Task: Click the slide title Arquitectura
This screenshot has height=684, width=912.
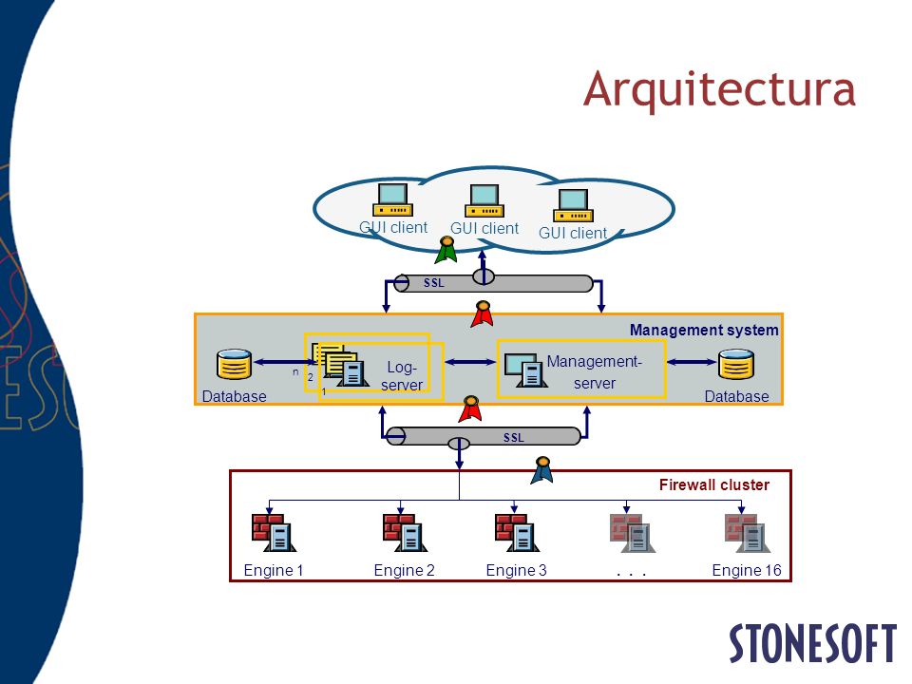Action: click(x=719, y=89)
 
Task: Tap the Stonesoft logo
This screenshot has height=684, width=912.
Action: click(x=812, y=643)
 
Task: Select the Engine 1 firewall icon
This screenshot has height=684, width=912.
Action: click(x=274, y=532)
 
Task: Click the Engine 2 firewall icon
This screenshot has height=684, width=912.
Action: click(x=405, y=532)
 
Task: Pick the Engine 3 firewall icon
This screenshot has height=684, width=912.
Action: click(x=517, y=532)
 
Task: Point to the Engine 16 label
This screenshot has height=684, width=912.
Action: click(x=747, y=570)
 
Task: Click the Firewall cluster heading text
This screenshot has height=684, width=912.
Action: click(x=714, y=484)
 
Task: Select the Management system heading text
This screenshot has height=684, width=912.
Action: click(x=704, y=330)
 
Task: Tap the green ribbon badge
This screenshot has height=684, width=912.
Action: click(x=446, y=249)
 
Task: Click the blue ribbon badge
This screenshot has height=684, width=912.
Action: click(x=542, y=470)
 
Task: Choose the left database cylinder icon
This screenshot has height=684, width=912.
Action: click(x=235, y=364)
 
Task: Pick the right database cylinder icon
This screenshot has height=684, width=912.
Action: click(x=735, y=364)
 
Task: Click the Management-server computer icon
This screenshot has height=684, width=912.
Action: click(x=525, y=370)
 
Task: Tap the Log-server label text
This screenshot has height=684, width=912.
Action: click(x=402, y=376)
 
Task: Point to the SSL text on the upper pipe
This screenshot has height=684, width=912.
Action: click(x=434, y=283)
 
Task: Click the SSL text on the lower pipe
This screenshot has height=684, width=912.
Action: click(x=514, y=437)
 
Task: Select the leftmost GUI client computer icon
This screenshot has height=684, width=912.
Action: click(x=392, y=199)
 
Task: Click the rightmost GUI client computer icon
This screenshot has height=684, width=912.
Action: click(x=573, y=205)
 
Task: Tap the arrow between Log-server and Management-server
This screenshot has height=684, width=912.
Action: click(x=470, y=362)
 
